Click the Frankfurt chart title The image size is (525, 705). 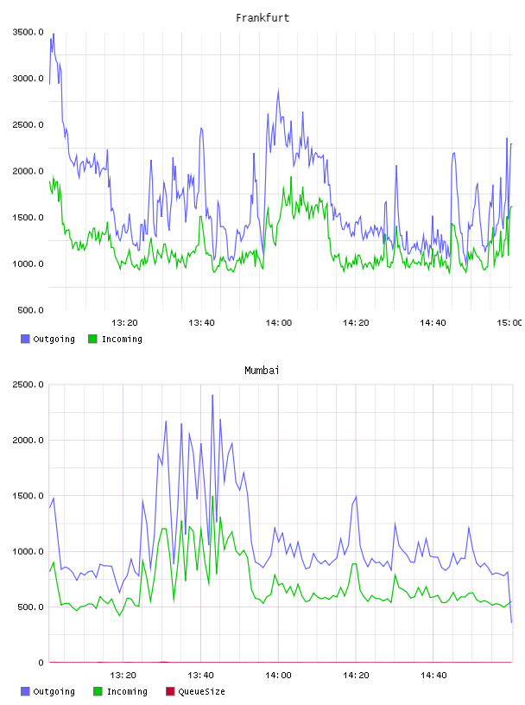[x=262, y=18]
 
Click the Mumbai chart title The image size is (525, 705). [x=262, y=371]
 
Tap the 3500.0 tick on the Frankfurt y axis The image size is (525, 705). [x=28, y=32]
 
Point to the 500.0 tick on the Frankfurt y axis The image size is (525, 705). [x=30, y=310]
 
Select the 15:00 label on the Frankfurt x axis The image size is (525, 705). [x=509, y=323]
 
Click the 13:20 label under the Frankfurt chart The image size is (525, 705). [x=124, y=323]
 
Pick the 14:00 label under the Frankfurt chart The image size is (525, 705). [x=279, y=323]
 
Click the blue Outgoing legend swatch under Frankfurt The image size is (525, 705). [x=25, y=339]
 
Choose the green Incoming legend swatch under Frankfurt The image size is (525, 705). [x=92, y=339]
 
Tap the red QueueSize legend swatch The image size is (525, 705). [x=170, y=691]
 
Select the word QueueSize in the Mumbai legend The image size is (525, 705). [x=201, y=692]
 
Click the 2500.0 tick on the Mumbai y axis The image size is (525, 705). [x=28, y=384]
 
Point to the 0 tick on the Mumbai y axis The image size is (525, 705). [x=41, y=663]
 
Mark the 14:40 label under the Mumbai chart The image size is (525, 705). [x=433, y=676]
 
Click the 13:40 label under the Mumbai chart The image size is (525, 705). [x=200, y=676]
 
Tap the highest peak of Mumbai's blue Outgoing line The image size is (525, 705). [x=212, y=395]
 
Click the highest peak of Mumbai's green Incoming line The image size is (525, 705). [x=212, y=497]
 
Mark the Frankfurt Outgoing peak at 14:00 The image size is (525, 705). [x=278, y=91]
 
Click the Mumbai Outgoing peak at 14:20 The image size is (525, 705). [x=356, y=497]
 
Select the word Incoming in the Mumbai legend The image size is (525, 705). [x=127, y=692]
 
